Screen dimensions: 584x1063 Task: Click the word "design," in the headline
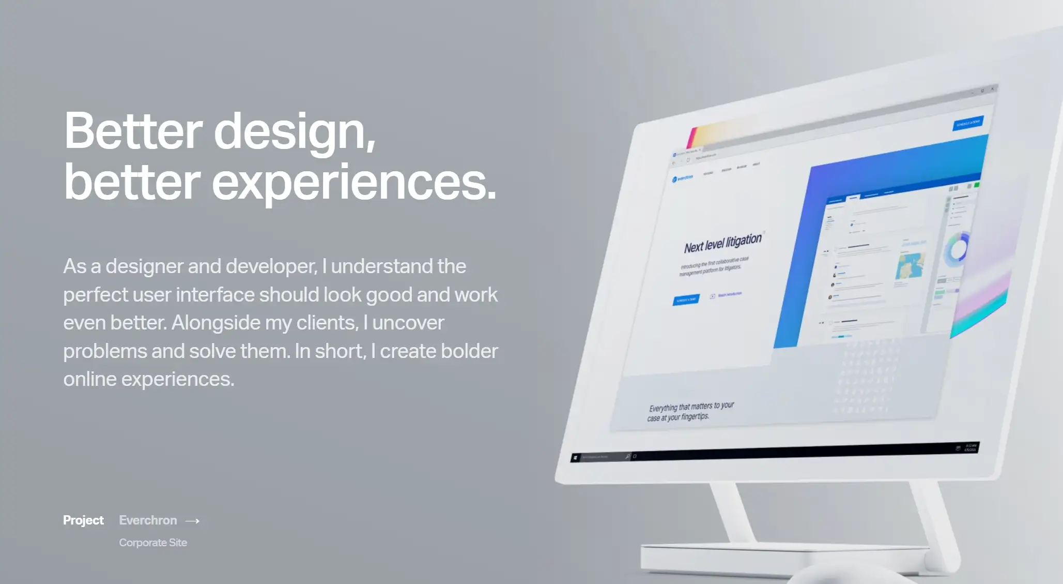tap(295, 132)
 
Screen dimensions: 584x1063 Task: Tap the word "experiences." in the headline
tap(354, 182)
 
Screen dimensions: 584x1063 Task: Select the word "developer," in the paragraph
tap(271, 266)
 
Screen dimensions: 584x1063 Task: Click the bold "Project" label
tap(83, 520)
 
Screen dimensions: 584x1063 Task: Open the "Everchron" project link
tap(148, 520)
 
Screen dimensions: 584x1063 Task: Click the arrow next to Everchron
tap(192, 521)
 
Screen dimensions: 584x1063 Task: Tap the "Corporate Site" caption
tap(153, 543)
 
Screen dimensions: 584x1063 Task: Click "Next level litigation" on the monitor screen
tap(723, 243)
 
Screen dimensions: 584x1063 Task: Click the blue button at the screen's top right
tap(967, 123)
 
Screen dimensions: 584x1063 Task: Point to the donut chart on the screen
tap(957, 249)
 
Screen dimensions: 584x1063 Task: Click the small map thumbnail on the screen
tap(910, 265)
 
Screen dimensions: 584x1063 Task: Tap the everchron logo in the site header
tap(683, 178)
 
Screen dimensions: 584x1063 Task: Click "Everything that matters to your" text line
tap(691, 407)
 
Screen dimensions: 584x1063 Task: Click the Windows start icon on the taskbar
tap(575, 458)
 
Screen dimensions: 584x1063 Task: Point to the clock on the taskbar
tap(970, 447)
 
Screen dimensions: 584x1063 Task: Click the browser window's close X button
tap(992, 89)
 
